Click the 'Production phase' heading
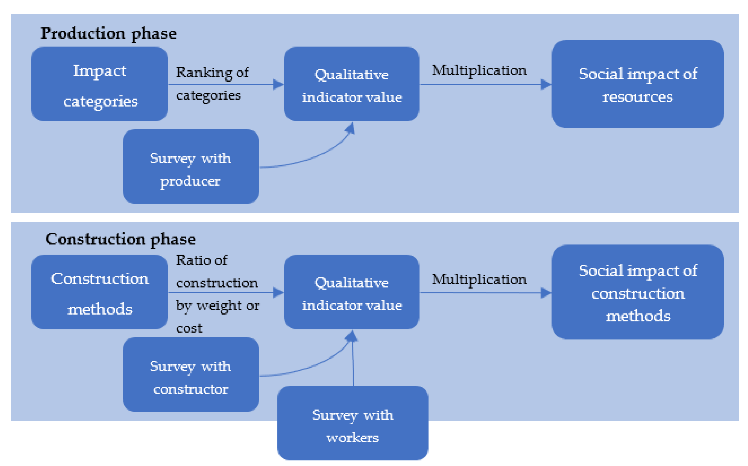point(108,33)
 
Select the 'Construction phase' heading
point(120,239)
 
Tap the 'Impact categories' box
point(99,84)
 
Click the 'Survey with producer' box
point(191,166)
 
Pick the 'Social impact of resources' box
point(638,84)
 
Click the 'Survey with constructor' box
point(191,375)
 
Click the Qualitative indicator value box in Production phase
point(352,84)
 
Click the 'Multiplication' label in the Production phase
point(479,70)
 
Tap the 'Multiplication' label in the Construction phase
point(479,279)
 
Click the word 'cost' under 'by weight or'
point(189,328)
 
